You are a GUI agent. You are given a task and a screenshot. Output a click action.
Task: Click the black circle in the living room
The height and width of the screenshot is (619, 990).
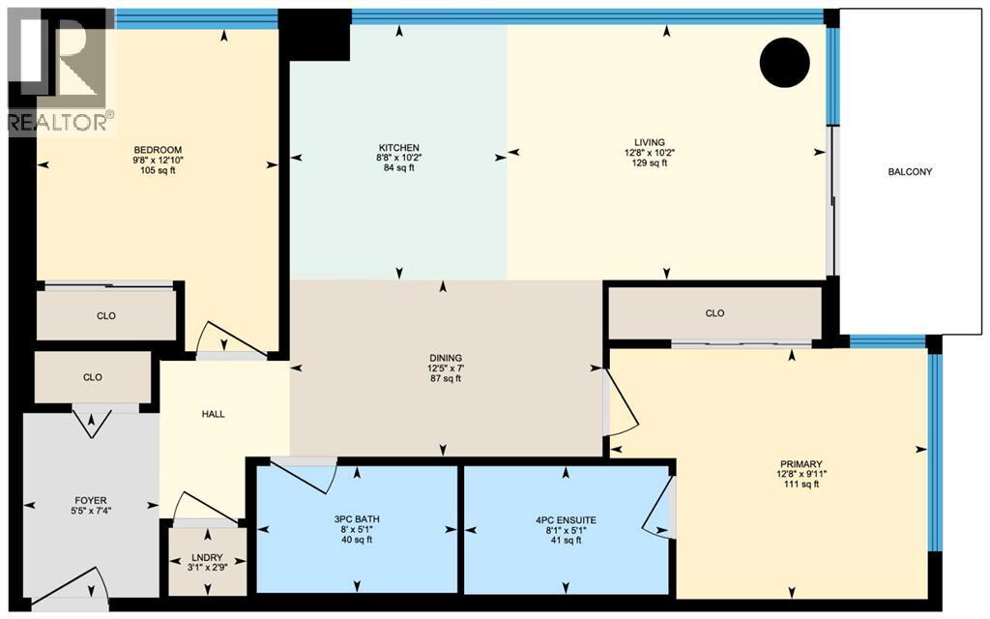coord(783,63)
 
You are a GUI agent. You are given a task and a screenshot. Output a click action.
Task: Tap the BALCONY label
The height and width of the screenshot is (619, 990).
coord(909,172)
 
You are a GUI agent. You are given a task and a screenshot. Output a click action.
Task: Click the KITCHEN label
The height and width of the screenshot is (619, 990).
coord(398,146)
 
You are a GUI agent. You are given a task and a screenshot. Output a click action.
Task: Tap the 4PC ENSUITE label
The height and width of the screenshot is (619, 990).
coord(567,518)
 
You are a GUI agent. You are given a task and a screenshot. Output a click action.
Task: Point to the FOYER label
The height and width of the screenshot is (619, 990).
coord(90,500)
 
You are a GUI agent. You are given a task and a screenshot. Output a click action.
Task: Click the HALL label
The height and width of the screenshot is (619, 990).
coord(213,414)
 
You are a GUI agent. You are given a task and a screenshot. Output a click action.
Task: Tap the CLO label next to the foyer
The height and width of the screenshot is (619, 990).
coord(93,377)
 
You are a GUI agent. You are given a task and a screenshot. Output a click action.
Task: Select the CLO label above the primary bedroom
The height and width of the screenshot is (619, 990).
coord(714,313)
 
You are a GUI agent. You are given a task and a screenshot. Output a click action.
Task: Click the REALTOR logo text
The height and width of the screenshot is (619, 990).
coord(60,121)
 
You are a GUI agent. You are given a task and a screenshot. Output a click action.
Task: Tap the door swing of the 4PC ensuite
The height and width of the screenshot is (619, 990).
coord(658,507)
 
